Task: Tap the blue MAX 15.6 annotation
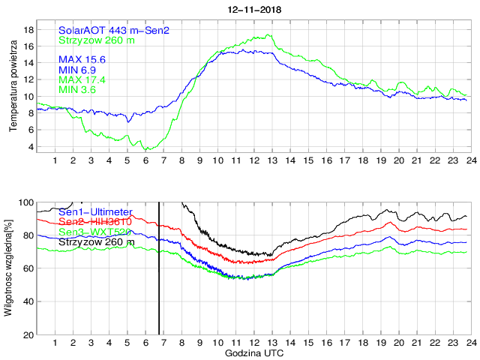[82, 59]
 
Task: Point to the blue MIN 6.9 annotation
[79, 70]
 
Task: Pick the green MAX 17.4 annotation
[82, 79]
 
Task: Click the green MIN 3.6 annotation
[79, 90]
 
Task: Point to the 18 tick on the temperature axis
[29, 29]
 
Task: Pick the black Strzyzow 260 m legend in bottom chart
[96, 241]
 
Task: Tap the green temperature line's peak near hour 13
[268, 34]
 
